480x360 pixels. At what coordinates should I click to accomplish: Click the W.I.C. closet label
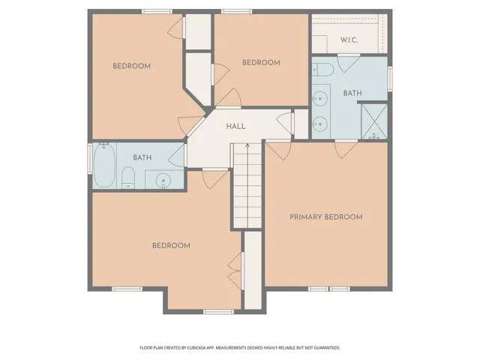pyautogui.click(x=350, y=40)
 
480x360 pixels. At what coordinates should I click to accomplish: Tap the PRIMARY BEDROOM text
pyautogui.click(x=326, y=217)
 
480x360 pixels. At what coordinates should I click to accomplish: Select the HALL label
pyautogui.click(x=236, y=127)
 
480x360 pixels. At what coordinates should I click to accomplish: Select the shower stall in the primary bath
pyautogui.click(x=373, y=121)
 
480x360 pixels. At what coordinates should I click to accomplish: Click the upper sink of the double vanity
pyautogui.click(x=321, y=97)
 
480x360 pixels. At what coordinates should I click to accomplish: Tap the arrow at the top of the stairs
pyautogui.click(x=246, y=145)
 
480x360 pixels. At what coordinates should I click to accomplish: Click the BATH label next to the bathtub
pyautogui.click(x=142, y=157)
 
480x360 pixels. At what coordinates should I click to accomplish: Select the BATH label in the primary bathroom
pyautogui.click(x=352, y=94)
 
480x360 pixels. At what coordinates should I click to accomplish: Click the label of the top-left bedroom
pyautogui.click(x=131, y=66)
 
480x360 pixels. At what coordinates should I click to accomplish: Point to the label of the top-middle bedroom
pyautogui.click(x=261, y=63)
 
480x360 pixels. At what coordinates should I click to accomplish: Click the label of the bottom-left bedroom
pyautogui.click(x=171, y=245)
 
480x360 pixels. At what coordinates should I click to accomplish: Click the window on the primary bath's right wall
pyautogui.click(x=389, y=77)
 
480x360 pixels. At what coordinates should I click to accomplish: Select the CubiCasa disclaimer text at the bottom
pyautogui.click(x=240, y=347)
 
